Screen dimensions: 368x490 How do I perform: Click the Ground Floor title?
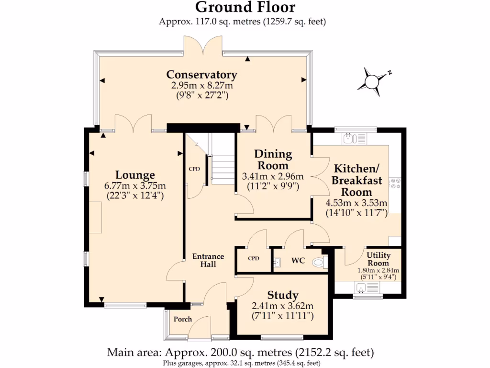pos(245,8)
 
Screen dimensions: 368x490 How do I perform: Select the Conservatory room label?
pos(201,75)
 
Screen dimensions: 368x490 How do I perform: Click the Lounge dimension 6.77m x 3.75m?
pos(134,186)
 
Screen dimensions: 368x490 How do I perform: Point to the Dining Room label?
pos(273,160)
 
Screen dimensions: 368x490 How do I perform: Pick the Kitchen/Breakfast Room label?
pos(356,180)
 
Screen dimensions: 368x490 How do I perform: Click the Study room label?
pos(283,295)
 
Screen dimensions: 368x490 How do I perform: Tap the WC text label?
pos(298,262)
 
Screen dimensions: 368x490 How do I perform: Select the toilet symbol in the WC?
pos(319,262)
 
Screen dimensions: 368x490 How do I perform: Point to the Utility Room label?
pos(378,259)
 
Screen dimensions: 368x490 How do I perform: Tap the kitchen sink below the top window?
pos(349,139)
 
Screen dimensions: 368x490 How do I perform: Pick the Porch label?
pos(182,319)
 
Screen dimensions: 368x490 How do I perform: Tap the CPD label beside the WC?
pos(253,259)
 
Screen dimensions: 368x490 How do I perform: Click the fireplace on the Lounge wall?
pos(95,218)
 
